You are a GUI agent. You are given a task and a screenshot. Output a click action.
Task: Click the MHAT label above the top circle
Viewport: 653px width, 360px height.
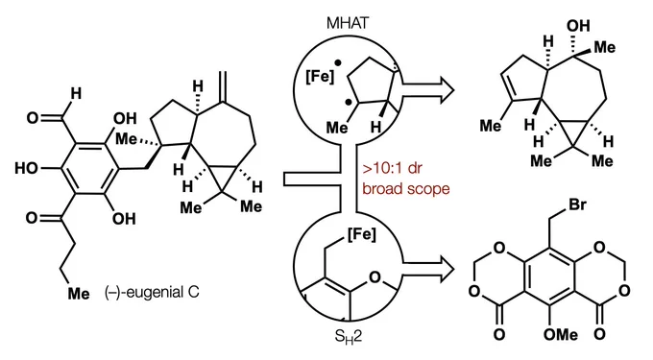348,23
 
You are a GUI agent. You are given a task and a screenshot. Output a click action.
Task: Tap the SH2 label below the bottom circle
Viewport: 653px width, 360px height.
349,336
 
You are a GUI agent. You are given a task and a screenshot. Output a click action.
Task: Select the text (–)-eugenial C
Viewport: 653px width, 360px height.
152,292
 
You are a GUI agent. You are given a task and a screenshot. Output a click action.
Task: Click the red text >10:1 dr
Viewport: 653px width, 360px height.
393,169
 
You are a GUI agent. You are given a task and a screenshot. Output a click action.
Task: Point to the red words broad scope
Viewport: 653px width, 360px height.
406,188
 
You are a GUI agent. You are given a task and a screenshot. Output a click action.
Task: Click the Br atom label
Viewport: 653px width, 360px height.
577,204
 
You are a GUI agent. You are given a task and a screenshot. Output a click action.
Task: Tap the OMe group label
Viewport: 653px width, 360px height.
561,334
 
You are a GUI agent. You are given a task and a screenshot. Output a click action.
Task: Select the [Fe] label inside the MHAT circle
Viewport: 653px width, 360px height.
320,77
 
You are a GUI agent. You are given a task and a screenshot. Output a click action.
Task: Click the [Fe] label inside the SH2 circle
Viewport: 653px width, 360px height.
361,234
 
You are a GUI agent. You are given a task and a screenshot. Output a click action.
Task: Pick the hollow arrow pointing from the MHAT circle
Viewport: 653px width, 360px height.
426,90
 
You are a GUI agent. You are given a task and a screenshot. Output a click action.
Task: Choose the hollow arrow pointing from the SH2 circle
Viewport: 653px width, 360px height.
426,270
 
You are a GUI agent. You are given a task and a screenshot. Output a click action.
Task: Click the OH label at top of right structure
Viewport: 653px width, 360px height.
578,26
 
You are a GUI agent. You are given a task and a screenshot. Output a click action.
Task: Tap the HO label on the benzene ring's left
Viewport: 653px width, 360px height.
26,168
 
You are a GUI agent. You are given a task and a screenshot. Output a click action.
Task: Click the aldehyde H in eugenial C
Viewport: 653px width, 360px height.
75,94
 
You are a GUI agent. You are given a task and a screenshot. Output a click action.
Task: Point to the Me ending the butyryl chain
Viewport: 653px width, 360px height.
79,294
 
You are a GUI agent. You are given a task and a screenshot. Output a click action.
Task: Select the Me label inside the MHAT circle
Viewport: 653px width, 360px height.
336,127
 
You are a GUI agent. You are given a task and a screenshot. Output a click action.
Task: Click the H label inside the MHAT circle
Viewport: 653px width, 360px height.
375,127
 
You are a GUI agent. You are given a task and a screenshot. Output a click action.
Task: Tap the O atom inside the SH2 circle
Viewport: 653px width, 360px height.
375,276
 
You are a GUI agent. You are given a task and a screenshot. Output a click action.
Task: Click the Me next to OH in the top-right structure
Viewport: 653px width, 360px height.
604,47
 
